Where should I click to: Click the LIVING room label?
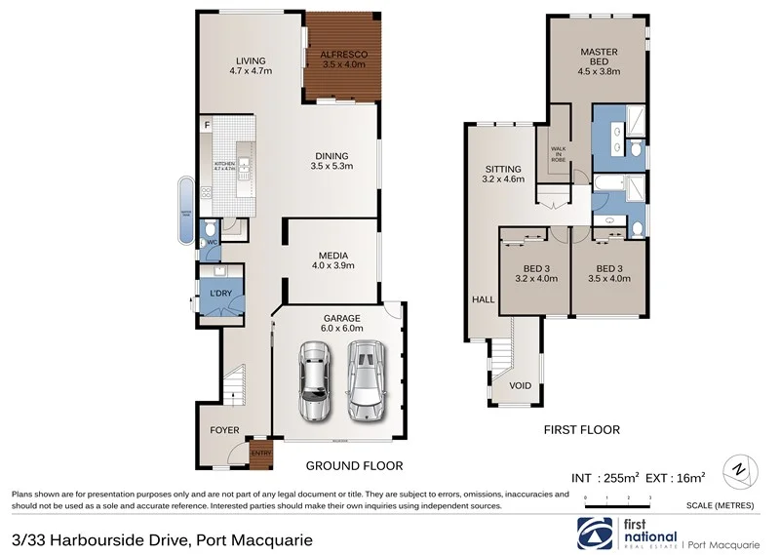[250, 65]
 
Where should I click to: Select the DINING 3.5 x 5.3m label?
[331, 161]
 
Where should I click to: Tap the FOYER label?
[225, 429]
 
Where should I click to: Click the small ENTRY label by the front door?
[261, 452]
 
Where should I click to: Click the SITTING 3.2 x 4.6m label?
[502, 174]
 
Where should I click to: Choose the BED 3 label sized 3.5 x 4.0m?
[609, 273]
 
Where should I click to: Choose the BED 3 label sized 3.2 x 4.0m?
[535, 273]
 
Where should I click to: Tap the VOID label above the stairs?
[521, 386]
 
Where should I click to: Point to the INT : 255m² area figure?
[604, 478]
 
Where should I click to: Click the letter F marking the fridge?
[207, 124]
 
